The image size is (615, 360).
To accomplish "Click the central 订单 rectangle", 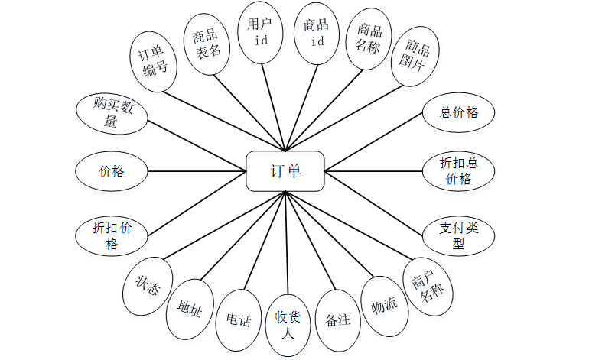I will coord(285,170).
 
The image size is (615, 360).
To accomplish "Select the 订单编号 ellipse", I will coord(154,62).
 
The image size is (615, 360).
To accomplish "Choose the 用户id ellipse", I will coord(261,32).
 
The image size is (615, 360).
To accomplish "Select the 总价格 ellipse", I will coord(459,113).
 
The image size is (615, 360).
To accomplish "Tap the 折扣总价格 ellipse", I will coord(459,170).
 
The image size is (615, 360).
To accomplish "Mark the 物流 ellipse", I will coord(384,305).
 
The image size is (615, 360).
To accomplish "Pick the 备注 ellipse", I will coord(337,319).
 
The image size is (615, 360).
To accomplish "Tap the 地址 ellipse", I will coord(189,308).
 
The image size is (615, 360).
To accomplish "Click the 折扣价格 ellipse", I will coord(112,235).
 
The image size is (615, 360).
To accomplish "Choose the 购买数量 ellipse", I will coord(112,113).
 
